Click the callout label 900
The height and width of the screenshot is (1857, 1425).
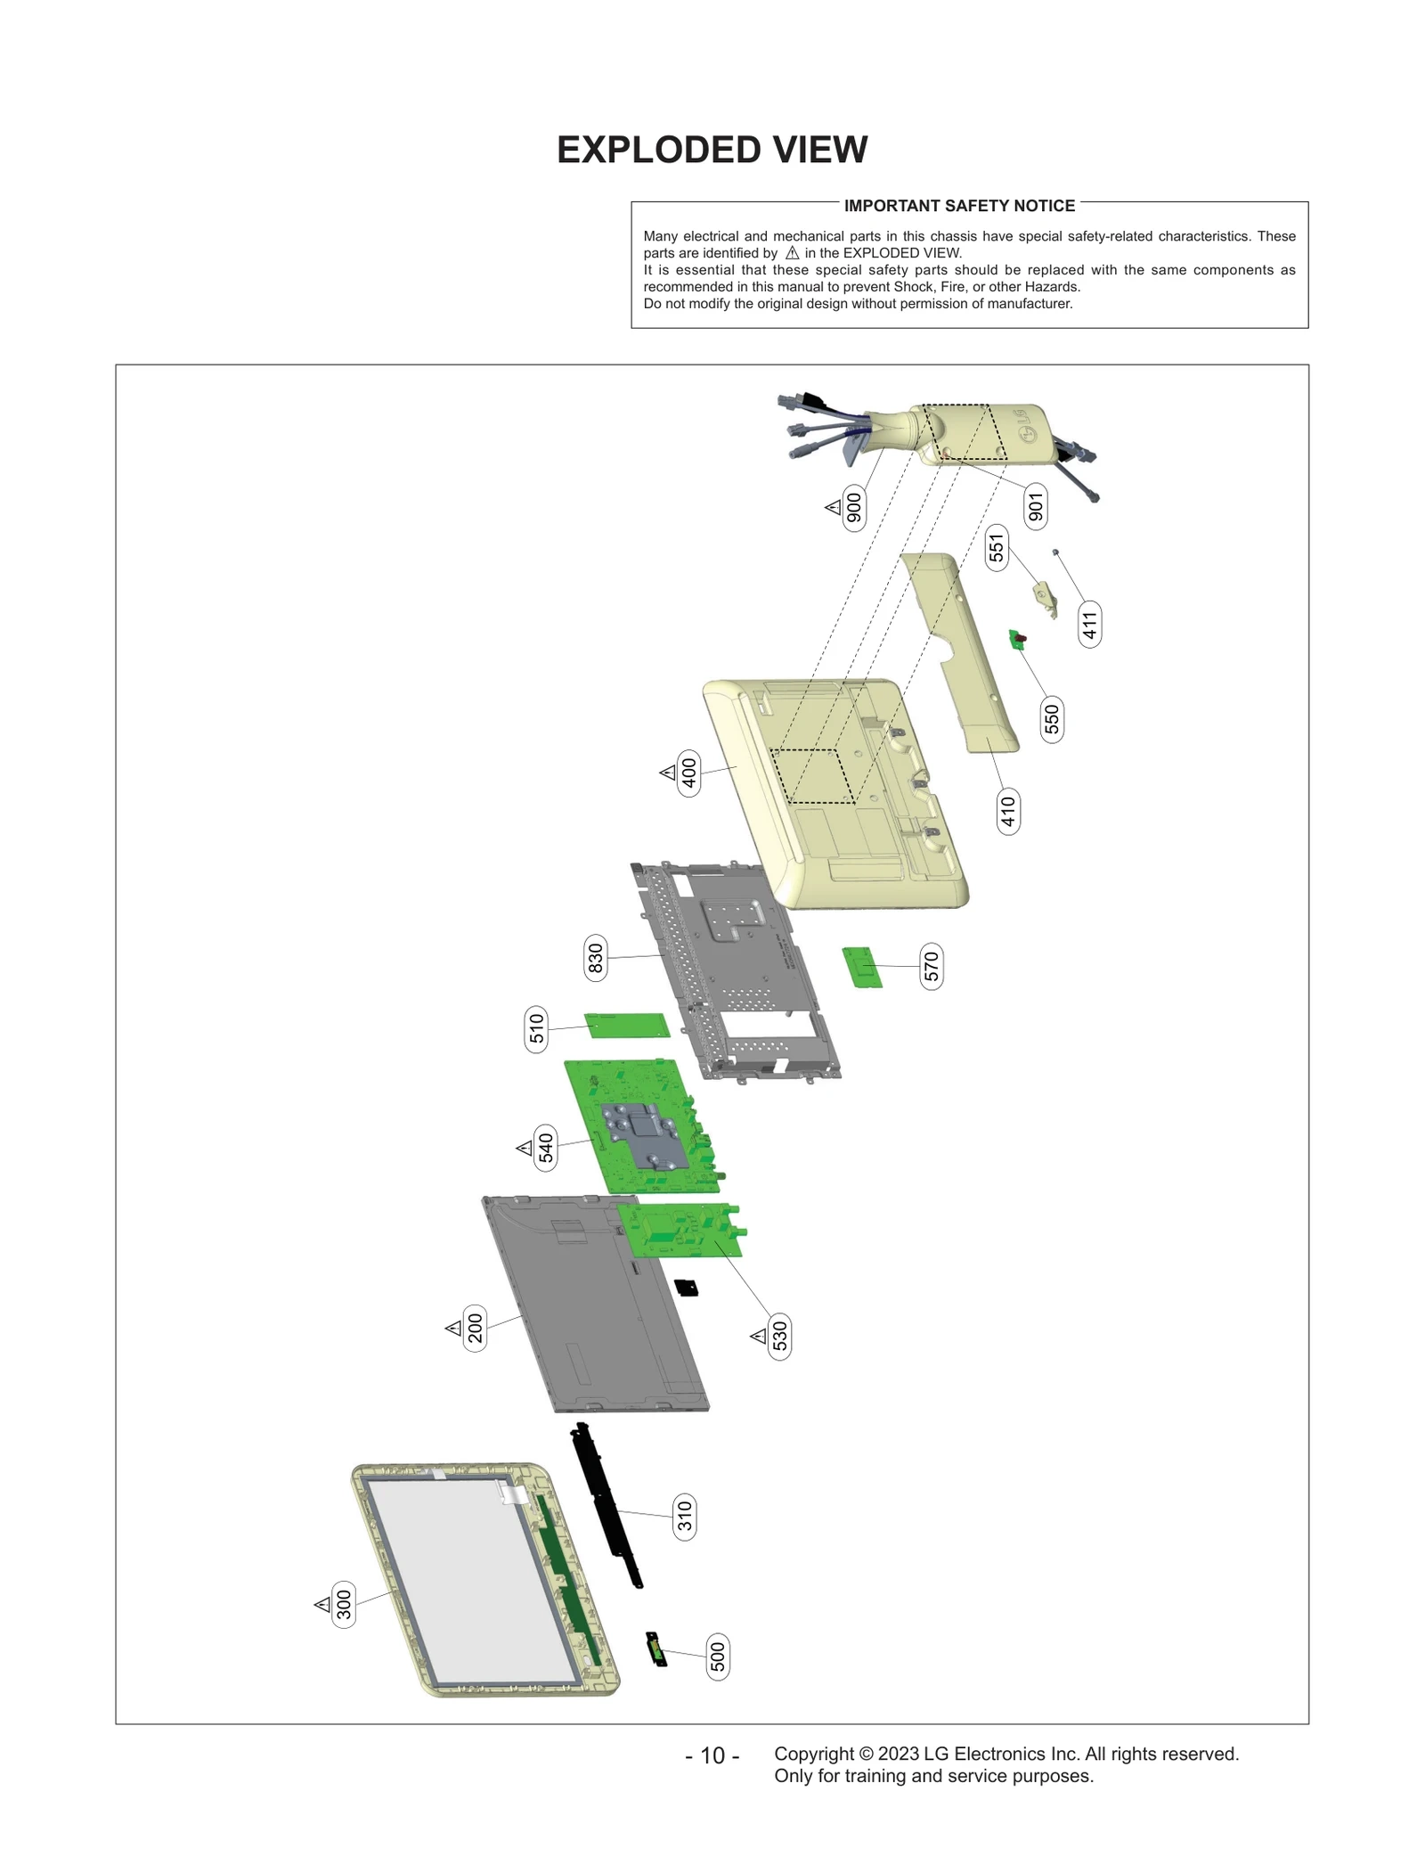point(853,508)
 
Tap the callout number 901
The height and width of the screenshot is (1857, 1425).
point(1035,507)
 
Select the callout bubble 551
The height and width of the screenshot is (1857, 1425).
point(996,546)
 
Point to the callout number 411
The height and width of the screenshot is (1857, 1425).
point(1089,623)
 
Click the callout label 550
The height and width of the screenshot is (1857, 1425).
point(1052,719)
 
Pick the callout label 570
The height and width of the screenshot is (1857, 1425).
point(931,966)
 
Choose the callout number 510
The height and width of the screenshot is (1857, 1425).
point(536,1029)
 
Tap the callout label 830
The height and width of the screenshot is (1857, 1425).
point(596,958)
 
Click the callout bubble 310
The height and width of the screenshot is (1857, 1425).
point(684,1516)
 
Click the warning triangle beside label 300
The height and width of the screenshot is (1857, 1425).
point(322,1604)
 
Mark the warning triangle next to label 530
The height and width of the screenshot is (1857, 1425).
point(758,1336)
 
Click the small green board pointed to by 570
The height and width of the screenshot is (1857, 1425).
point(861,967)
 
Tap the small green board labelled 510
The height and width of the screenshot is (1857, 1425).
point(626,1026)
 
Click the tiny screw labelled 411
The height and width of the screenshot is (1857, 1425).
point(1056,552)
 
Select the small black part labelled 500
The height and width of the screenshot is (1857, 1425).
point(656,1649)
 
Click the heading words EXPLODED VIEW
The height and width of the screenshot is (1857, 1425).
point(712,150)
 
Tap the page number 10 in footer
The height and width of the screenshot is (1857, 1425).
point(712,1755)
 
